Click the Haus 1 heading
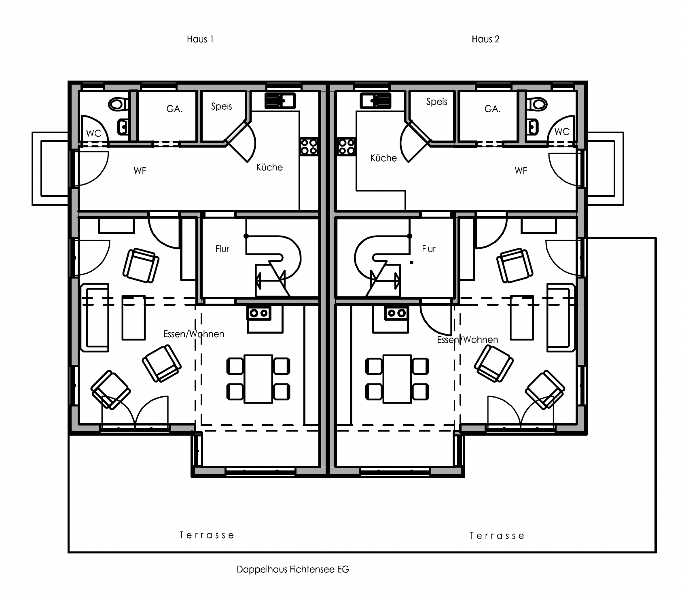coord(200,39)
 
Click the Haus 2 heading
coord(485,39)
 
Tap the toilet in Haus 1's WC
coord(119,104)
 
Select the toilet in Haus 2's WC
coord(538,104)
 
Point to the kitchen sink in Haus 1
coord(280,100)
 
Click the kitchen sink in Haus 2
coord(376,100)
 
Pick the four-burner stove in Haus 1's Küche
coord(309,146)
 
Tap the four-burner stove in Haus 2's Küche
coord(347,146)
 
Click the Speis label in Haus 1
coord(222,106)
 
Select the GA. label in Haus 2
coord(492,109)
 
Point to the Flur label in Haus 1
coord(222,249)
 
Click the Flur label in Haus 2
coord(429,249)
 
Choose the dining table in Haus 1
coord(258,379)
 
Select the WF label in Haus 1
coord(140,171)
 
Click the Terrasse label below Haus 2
coord(497,536)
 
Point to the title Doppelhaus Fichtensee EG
coord(293,570)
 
